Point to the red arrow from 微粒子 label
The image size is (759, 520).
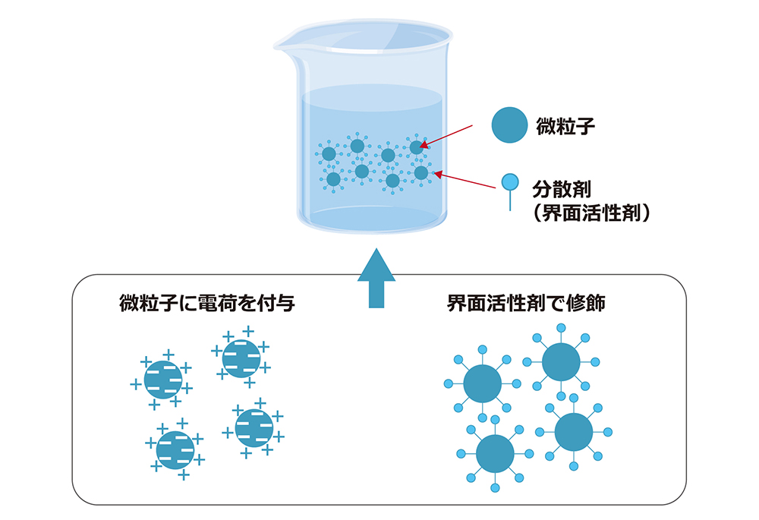(456, 134)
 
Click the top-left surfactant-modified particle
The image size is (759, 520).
(482, 384)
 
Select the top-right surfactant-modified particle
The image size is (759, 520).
(561, 362)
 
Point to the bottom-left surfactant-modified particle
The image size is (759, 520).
(495, 453)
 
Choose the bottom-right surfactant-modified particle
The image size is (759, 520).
(574, 432)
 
